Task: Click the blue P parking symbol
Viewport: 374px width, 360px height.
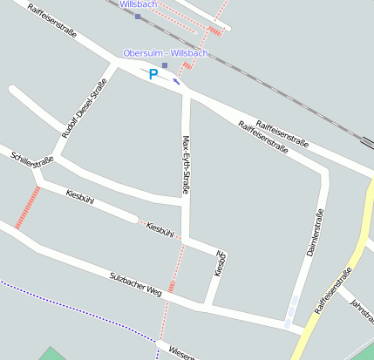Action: pyautogui.click(x=153, y=74)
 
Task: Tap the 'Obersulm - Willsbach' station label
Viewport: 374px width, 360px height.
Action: pyautogui.click(x=166, y=53)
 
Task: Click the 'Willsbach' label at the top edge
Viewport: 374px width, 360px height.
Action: pyautogui.click(x=138, y=4)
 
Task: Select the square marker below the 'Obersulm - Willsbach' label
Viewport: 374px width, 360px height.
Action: pyautogui.click(x=165, y=65)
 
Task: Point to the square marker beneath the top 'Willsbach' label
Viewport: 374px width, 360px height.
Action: pyautogui.click(x=137, y=16)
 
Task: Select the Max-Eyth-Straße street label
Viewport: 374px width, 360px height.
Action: pyautogui.click(x=186, y=165)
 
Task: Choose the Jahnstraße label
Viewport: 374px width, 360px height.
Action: pyautogui.click(x=361, y=307)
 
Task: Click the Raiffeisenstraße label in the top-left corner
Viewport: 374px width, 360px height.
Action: pyautogui.click(x=52, y=23)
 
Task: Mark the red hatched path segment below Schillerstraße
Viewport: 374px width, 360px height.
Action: pyautogui.click(x=27, y=207)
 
